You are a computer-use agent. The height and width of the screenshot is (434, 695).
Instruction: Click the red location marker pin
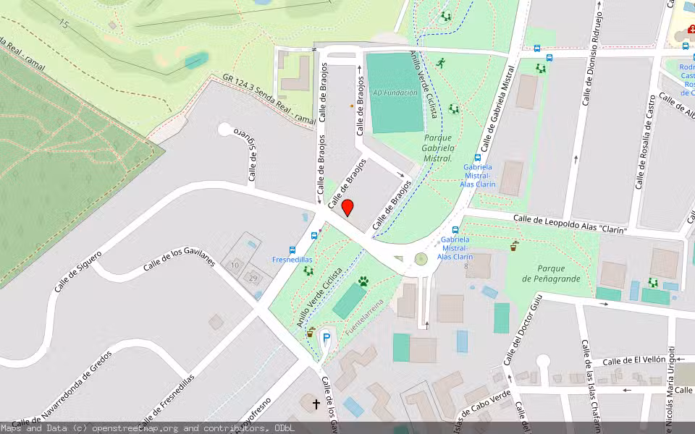tap(347, 208)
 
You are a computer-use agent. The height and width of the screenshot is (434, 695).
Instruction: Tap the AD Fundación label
tap(395, 93)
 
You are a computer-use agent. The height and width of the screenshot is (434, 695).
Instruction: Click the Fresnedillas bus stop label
tap(292, 259)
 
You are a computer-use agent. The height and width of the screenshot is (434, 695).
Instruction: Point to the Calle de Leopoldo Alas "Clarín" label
tap(569, 224)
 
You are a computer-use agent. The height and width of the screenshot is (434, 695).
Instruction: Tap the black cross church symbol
tap(316, 404)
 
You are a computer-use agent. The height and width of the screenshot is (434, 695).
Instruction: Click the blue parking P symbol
tap(327, 338)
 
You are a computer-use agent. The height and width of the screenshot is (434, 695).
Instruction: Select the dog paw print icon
tap(363, 281)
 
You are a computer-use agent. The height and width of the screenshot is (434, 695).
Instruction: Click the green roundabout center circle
tap(421, 259)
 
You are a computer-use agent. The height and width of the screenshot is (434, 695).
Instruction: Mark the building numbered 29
tap(253, 278)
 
